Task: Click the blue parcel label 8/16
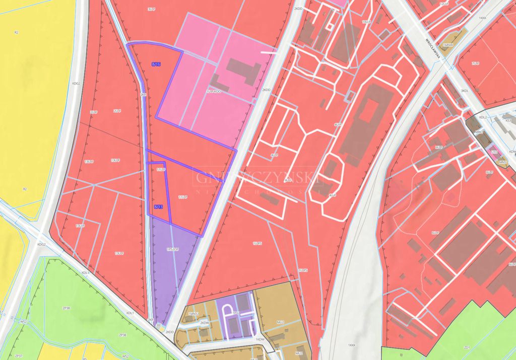(156, 64)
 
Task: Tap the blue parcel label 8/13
(158, 207)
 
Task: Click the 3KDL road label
(465, 91)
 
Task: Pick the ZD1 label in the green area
(467, 347)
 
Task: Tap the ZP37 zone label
(19, 355)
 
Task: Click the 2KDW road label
(204, 323)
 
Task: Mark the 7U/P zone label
(475, 63)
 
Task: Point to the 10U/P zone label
(366, 22)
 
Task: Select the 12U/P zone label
(444, 4)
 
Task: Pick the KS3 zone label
(508, 121)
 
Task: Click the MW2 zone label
(479, 132)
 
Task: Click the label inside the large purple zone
(173, 249)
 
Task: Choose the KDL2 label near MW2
(483, 117)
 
